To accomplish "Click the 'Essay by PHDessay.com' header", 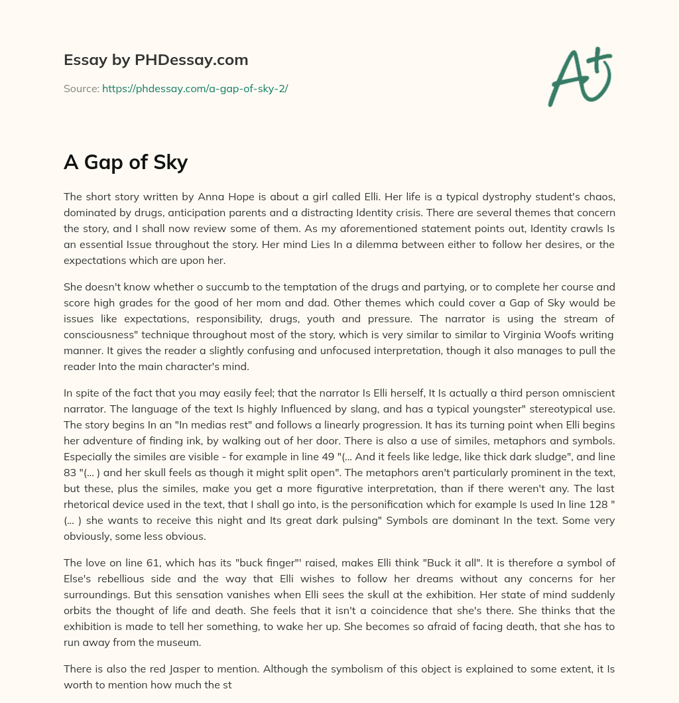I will click(156, 60).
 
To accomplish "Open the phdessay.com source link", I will click(195, 88).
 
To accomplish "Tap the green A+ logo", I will click(580, 77).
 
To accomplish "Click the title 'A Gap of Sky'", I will click(125, 162).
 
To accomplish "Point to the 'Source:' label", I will click(81, 88).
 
